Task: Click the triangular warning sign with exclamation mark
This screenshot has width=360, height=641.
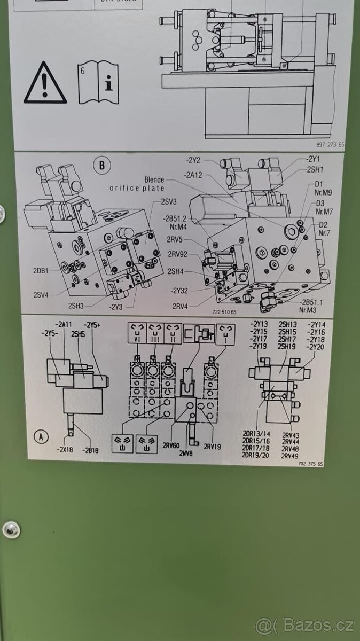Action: pyautogui.click(x=45, y=83)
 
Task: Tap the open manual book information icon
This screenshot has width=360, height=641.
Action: pyautogui.click(x=98, y=82)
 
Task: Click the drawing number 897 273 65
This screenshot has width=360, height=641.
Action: pyautogui.click(x=330, y=145)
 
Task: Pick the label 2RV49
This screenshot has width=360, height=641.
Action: pyautogui.click(x=290, y=456)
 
